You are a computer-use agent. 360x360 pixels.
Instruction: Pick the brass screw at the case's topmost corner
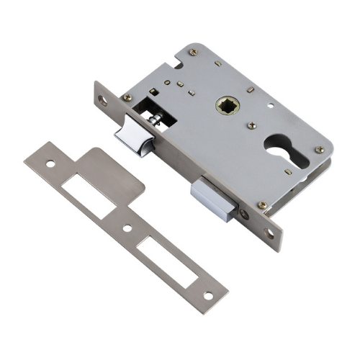192,52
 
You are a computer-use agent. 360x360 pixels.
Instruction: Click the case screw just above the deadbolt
263,205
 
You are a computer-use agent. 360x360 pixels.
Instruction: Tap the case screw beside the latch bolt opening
127,97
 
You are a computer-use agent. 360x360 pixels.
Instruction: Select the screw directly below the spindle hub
251,125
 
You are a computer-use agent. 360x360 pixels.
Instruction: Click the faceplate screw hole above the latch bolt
103,101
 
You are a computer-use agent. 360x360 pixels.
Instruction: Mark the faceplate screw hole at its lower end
269,234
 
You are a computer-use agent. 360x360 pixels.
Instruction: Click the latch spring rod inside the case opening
156,117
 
